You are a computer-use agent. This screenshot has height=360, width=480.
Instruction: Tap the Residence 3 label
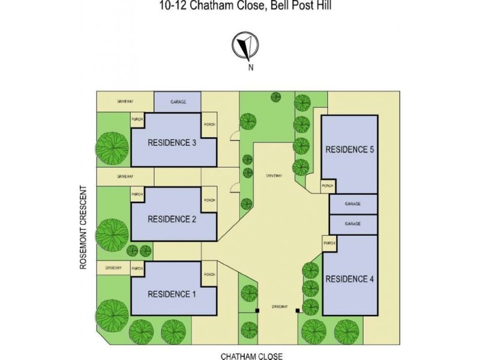172,143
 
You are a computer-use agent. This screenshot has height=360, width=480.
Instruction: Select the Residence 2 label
172,219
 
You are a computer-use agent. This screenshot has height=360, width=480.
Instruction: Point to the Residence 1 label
172,294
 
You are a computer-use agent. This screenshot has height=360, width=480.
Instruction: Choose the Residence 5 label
350,149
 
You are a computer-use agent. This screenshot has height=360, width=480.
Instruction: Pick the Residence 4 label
350,278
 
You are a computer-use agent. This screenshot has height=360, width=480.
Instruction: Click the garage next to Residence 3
178,102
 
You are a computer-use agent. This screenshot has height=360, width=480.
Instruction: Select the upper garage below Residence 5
353,204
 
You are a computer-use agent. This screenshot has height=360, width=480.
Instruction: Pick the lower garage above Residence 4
353,224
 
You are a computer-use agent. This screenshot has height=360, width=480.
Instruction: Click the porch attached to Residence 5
328,187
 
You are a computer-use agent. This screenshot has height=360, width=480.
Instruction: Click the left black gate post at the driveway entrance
257,311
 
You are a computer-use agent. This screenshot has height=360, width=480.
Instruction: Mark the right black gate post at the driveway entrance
297,311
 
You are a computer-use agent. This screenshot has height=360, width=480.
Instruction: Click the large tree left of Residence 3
112,148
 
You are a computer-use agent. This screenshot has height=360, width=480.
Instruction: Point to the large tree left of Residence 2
112,233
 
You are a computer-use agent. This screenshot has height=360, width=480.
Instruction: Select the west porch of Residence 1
137,268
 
